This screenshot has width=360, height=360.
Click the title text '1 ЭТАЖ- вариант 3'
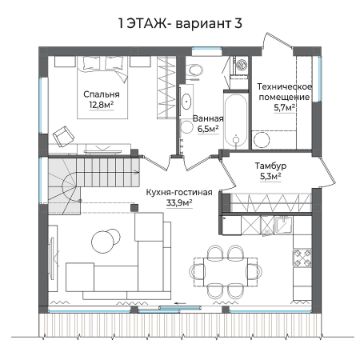pos(180,24)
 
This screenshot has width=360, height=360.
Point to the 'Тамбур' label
pos(271,165)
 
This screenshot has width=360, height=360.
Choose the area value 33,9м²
pos(179,202)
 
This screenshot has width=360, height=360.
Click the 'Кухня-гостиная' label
pos(179,192)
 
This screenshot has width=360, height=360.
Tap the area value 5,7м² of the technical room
pos(284,108)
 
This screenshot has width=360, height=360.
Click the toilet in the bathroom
pos(194,71)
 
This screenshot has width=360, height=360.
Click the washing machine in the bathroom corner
pos(239,67)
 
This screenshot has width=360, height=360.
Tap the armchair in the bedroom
pos(63,136)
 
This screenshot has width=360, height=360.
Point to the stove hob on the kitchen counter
pos(302,258)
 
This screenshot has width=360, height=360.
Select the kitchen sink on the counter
pos(283,224)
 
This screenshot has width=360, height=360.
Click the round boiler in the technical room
pos(261,140)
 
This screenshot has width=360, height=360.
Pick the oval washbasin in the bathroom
pos(187,101)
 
